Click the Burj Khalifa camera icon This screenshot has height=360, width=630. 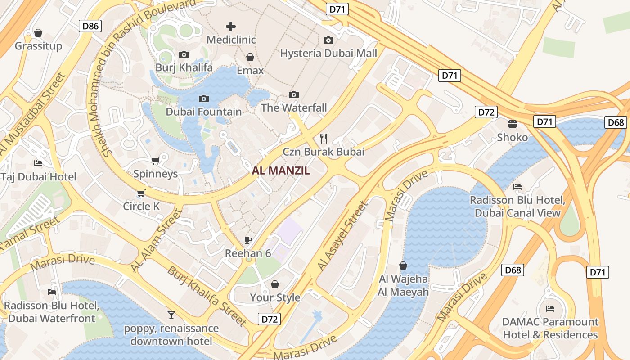tap(184, 55)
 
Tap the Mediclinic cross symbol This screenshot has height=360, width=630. tap(231, 27)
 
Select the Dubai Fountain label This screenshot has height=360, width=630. tap(204, 112)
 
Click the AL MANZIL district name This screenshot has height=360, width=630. tap(281, 171)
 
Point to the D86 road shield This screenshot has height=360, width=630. tap(90, 26)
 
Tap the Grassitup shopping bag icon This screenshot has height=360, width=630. tap(38, 33)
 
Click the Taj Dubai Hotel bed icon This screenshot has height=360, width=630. tap(38, 163)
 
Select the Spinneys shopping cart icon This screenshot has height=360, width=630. tap(155, 161)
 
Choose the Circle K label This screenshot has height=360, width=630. tap(142, 207)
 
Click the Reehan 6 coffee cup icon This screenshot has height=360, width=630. tap(247, 240)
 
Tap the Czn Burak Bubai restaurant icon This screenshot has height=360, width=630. tap(323, 138)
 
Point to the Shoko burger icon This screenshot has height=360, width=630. tap(512, 124)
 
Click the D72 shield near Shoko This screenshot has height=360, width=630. tap(486, 112)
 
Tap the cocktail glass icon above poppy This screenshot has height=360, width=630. tap(171, 315)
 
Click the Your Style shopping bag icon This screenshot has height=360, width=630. tap(275, 284)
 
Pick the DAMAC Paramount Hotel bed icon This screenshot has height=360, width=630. tap(550, 309)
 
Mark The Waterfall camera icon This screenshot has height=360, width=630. tap(294, 94)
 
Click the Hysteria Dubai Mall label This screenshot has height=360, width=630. tap(328, 54)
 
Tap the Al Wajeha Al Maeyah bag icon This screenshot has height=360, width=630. tap(403, 265)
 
